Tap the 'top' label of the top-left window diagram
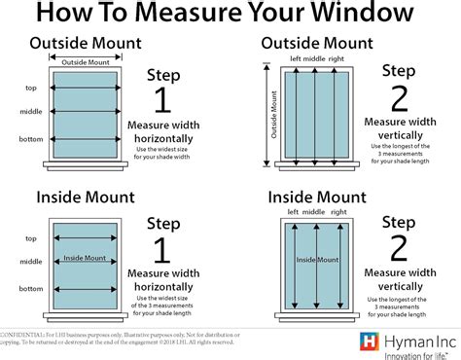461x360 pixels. [31, 88]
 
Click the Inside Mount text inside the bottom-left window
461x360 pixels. [84, 258]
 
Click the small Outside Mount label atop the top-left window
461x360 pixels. [84, 62]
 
